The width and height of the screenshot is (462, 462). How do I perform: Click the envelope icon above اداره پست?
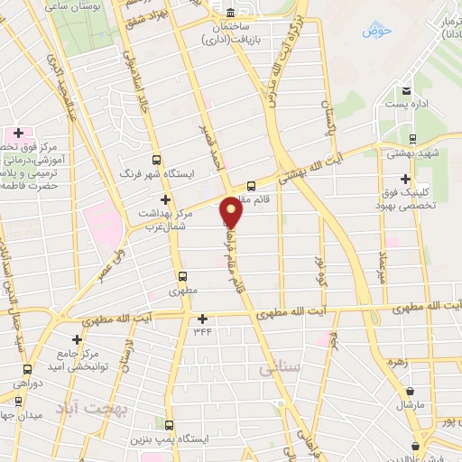pos(406,91)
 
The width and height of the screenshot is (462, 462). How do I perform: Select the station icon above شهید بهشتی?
pos(412,138)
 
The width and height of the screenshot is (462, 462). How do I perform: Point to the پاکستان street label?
pos(328,115)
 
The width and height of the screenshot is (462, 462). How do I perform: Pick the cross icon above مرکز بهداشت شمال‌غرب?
pos(164,199)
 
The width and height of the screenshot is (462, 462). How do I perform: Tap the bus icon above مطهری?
pos(183,277)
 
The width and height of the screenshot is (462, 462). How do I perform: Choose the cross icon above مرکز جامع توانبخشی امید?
pos(76,339)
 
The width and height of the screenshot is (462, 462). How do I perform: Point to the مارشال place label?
pos(409,405)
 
